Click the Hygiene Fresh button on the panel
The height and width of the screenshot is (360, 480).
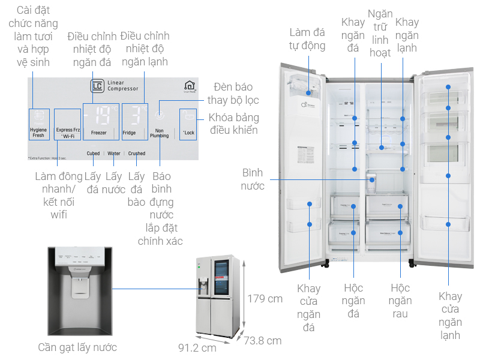point(38,124)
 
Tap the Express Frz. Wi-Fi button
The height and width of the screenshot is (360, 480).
point(67,124)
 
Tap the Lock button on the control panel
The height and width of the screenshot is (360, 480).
point(188,124)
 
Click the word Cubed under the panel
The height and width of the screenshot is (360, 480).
point(92,154)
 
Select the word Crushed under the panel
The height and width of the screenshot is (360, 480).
point(136,154)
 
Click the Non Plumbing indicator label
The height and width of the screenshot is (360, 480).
point(159,133)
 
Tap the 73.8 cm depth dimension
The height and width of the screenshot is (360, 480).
point(263,340)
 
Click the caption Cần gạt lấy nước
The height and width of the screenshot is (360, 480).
point(77,347)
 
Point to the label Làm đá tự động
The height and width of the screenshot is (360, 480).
point(307,38)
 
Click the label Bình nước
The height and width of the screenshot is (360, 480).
point(253,179)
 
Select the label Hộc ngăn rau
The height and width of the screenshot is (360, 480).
point(400,301)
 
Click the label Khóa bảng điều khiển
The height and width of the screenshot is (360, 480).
point(234,124)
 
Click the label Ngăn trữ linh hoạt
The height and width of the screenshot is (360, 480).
point(380,32)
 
